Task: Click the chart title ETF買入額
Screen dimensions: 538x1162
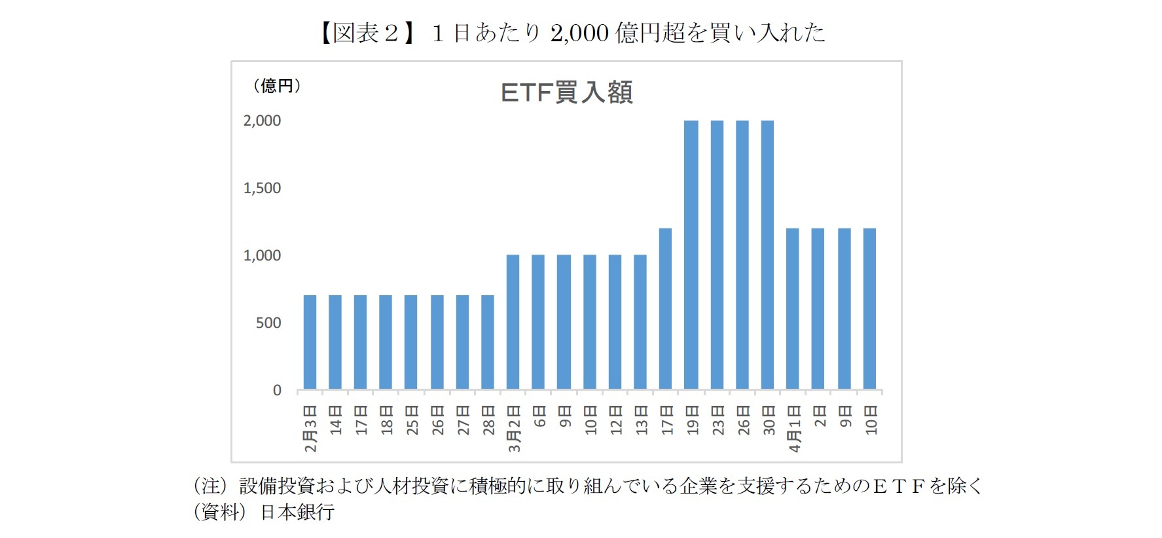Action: tap(566, 93)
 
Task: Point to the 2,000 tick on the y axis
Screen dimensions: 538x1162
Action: tap(262, 121)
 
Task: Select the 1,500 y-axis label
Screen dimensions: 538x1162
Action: tap(262, 188)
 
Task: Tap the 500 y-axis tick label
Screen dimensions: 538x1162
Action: tap(268, 323)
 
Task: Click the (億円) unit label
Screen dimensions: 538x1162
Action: tap(276, 86)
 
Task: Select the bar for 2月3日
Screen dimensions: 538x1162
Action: tap(310, 342)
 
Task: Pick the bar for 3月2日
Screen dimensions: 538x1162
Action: tap(513, 322)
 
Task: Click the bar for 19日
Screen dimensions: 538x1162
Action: tap(691, 255)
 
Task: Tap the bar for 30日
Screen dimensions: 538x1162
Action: tap(767, 255)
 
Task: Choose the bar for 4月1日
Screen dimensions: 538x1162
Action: tap(793, 309)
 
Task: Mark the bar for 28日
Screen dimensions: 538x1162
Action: tap(488, 342)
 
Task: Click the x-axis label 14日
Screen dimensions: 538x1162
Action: tap(336, 420)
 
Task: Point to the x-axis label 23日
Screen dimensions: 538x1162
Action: tap(718, 420)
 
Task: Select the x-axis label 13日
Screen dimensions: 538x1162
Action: tap(641, 420)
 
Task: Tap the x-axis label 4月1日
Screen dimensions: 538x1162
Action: tap(794, 428)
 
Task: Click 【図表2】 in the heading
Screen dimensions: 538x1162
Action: tap(367, 33)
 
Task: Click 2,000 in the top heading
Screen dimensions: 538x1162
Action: tap(579, 33)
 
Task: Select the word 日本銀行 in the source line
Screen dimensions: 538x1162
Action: tap(297, 512)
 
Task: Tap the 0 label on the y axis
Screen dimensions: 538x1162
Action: tap(277, 391)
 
